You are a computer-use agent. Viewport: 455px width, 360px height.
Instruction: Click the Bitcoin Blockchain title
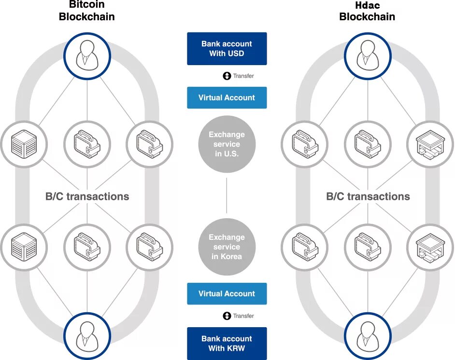[87, 11]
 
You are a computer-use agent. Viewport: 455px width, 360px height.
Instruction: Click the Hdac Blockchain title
[367, 11]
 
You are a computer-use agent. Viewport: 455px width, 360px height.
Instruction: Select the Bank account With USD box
[227, 48]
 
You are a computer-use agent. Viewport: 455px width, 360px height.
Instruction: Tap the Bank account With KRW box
[227, 343]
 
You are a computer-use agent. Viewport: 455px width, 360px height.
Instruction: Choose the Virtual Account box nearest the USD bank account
[227, 97]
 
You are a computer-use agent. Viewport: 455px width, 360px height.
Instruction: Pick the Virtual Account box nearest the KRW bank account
[227, 293]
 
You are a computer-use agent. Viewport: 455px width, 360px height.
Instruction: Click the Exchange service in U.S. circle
[227, 144]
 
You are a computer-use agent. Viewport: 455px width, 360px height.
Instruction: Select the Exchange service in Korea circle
[227, 247]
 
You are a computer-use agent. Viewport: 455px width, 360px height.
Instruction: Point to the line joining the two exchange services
[227, 195]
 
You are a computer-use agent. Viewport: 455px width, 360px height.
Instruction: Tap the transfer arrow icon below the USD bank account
[227, 76]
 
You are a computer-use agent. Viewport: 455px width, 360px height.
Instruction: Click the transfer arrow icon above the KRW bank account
[227, 316]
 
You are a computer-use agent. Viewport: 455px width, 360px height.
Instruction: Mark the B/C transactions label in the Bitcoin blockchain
[87, 196]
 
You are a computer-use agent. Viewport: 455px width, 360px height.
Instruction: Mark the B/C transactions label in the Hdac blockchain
[368, 196]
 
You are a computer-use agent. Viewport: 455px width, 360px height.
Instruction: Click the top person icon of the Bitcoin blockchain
[87, 55]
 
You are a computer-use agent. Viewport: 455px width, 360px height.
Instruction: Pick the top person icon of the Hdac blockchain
[367, 55]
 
